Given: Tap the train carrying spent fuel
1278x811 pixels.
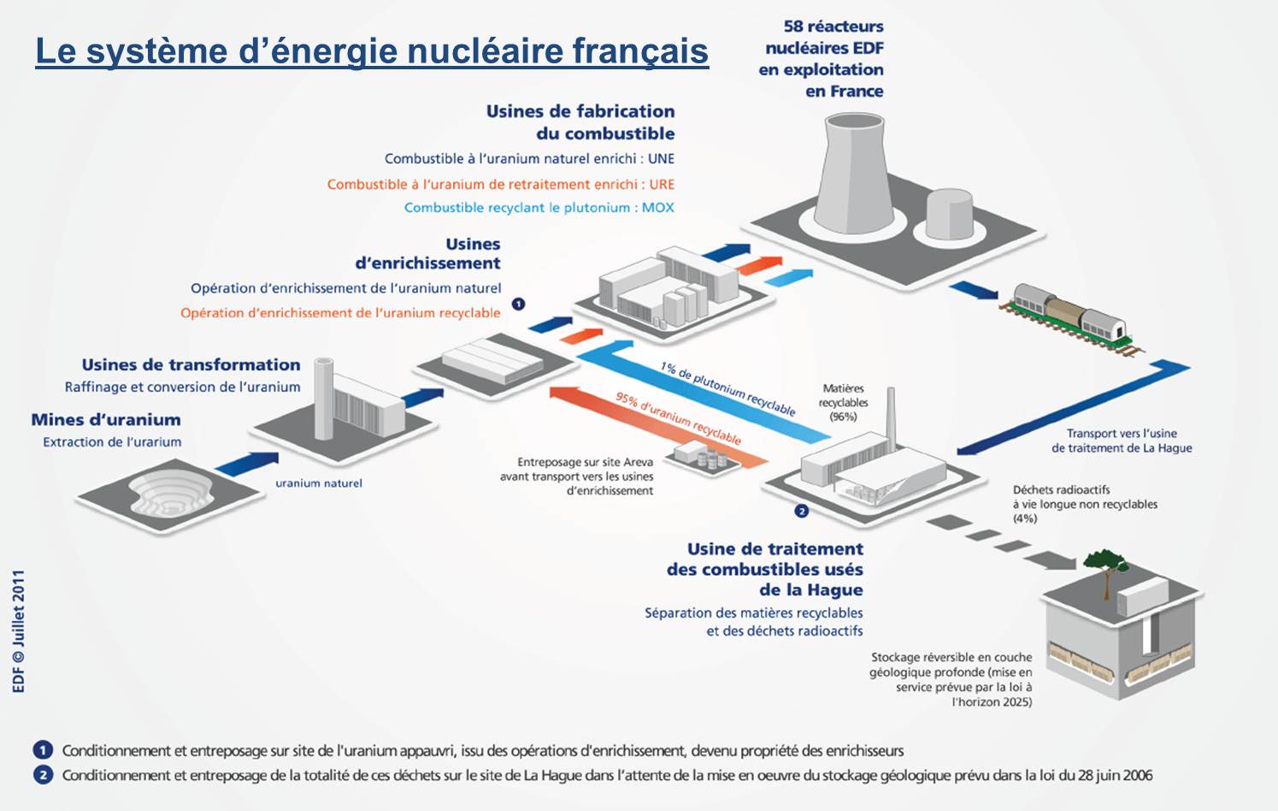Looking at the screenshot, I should click(x=1069, y=314).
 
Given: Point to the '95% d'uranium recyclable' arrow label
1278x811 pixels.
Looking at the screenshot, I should click(x=678, y=417).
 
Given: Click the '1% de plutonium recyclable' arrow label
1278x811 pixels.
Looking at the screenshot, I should click(x=727, y=388).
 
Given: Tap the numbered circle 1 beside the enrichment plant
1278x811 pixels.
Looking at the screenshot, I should click(x=518, y=304).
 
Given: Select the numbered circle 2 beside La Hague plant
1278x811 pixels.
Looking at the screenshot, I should click(x=801, y=511).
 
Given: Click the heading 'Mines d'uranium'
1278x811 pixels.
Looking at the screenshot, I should click(x=106, y=420).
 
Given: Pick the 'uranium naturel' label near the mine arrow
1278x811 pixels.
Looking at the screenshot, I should click(x=318, y=483).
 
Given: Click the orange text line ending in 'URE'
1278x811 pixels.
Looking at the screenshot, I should click(x=500, y=184).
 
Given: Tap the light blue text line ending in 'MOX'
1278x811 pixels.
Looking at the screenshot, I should click(x=539, y=208).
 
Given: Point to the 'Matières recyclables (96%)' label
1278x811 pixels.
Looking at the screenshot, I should click(x=843, y=402).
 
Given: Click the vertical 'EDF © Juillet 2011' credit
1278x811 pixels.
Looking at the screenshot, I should click(x=19, y=631).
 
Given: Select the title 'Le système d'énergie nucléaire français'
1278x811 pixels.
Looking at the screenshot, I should click(x=372, y=50).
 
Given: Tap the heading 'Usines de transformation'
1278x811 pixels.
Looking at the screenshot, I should click(x=191, y=365).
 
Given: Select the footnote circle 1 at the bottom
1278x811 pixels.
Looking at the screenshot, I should click(x=43, y=750).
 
